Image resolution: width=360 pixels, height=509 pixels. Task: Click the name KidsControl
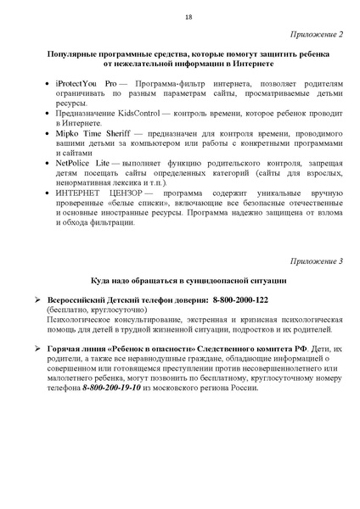coord(138,113)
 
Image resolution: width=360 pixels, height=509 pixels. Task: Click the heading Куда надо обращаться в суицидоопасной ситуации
coord(188,281)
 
